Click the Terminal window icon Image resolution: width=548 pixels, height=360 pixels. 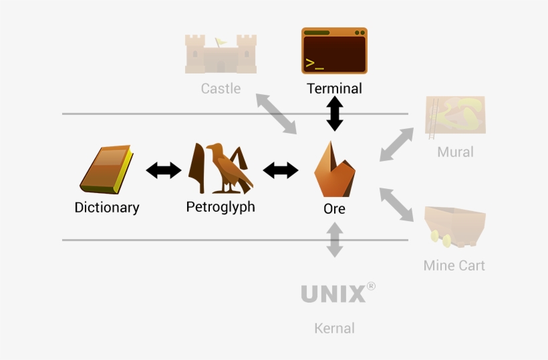[334, 51]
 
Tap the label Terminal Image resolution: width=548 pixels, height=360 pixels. [334, 88]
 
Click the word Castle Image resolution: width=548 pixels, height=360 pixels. [221, 88]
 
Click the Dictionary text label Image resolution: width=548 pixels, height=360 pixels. [107, 208]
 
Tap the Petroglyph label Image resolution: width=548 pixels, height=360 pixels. [221, 207]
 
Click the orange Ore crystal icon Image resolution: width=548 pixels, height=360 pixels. [334, 170]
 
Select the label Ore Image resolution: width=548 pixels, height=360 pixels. [334, 209]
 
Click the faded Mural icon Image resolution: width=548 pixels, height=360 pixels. [455, 116]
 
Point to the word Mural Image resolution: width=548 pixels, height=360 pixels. [455, 152]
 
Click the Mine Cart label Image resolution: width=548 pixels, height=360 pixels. [454, 266]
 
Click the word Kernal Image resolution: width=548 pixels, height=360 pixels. [334, 329]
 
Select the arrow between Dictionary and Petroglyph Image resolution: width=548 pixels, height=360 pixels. [164, 171]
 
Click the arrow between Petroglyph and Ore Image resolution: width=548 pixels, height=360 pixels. [281, 171]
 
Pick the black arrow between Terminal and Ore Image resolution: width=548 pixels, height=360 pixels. [334, 114]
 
